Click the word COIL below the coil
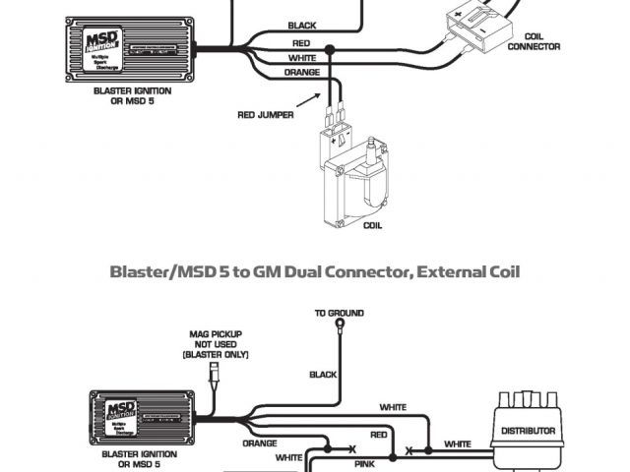[372, 225]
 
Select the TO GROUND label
[340, 313]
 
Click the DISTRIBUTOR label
[530, 431]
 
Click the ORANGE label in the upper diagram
[301, 73]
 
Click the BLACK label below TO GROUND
[323, 374]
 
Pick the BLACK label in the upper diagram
[302, 25]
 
